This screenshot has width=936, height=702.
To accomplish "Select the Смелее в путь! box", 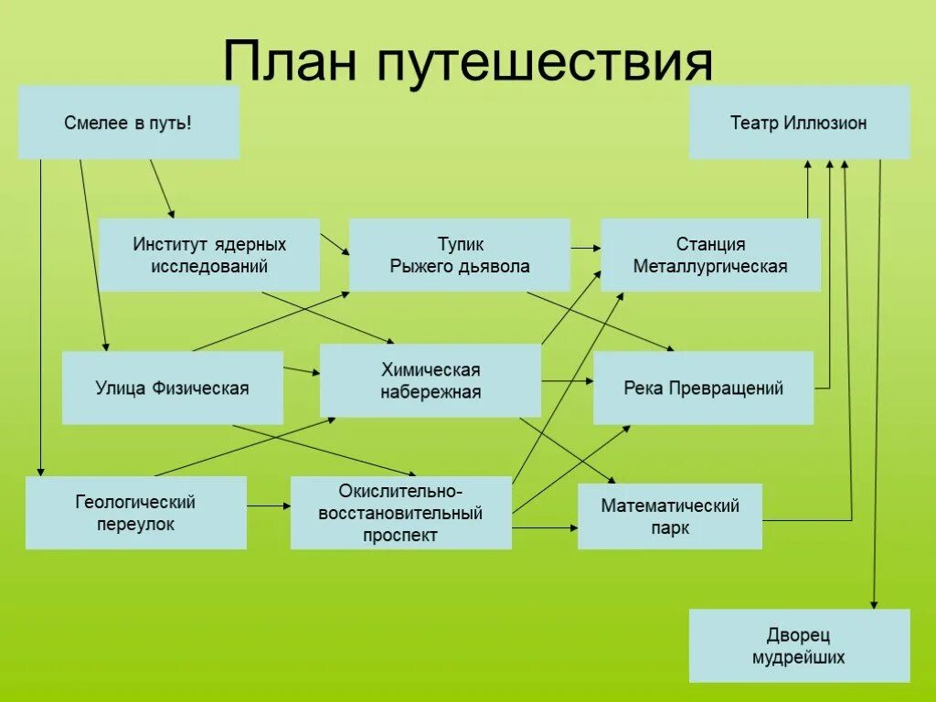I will click(x=129, y=122).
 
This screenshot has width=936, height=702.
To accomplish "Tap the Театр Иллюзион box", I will click(x=799, y=122).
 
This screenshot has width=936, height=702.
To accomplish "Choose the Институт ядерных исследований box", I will click(x=209, y=255).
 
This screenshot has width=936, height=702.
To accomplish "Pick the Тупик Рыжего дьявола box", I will click(x=460, y=255).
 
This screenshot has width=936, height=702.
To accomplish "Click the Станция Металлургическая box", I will click(x=710, y=255).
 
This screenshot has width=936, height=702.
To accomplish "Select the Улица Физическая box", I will click(x=173, y=388).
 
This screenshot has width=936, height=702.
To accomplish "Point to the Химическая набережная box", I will click(x=431, y=381).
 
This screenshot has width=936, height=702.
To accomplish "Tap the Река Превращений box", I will click(x=703, y=388).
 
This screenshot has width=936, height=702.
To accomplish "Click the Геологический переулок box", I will click(x=135, y=513).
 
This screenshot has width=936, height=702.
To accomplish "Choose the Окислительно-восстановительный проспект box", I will click(x=400, y=513).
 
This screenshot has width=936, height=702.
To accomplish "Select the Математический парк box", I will click(x=670, y=516).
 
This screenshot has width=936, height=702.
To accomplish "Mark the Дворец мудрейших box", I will click(x=799, y=645).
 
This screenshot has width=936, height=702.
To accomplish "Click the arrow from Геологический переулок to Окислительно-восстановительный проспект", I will click(x=269, y=505).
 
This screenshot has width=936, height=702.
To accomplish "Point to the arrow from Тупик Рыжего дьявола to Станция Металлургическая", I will click(x=585, y=247).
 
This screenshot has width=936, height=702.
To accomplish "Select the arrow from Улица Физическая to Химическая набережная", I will click(x=301, y=370).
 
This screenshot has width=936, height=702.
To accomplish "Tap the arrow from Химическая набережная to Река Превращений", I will click(x=567, y=380).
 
